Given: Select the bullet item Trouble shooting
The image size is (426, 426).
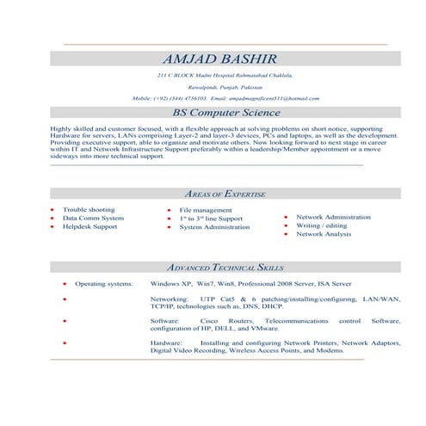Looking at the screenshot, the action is coord(89,209).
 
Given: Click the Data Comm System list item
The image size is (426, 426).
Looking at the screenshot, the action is coord(93,218).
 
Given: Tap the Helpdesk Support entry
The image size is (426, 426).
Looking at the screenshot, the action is coord(90,226).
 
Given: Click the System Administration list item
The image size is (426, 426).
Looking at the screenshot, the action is coord(214,227).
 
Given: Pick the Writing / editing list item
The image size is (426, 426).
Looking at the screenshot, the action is coord(322,225).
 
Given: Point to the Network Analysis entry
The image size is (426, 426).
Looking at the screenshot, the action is coord(324,234).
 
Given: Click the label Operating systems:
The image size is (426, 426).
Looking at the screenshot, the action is coord(103,283).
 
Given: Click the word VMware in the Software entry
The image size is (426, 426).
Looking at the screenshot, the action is coord(265,328).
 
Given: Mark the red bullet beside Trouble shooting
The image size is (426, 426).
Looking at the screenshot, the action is coord(52,210).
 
